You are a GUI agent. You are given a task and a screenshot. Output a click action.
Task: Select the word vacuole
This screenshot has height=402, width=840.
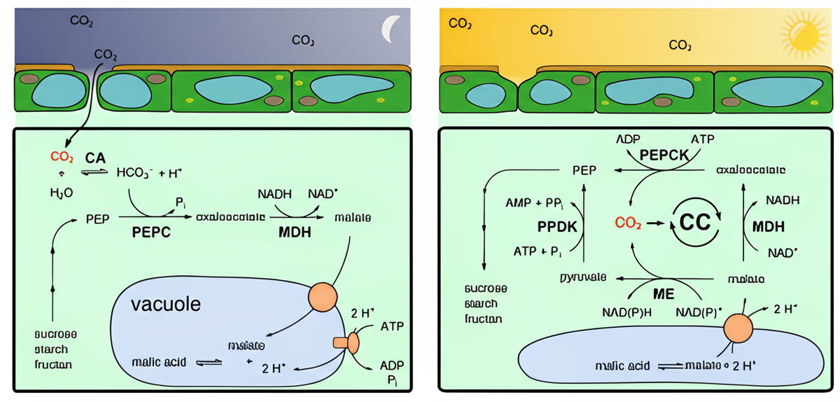[x=165, y=305]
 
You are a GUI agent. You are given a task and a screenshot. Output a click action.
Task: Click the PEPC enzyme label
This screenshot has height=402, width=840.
[x=152, y=233]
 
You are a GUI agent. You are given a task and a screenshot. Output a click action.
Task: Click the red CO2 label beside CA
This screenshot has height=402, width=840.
[x=62, y=157]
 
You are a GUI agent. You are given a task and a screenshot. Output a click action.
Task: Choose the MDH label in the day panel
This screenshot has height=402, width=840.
[x=768, y=226]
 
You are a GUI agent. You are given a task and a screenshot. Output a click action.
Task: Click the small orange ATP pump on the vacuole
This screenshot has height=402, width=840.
[x=347, y=342]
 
